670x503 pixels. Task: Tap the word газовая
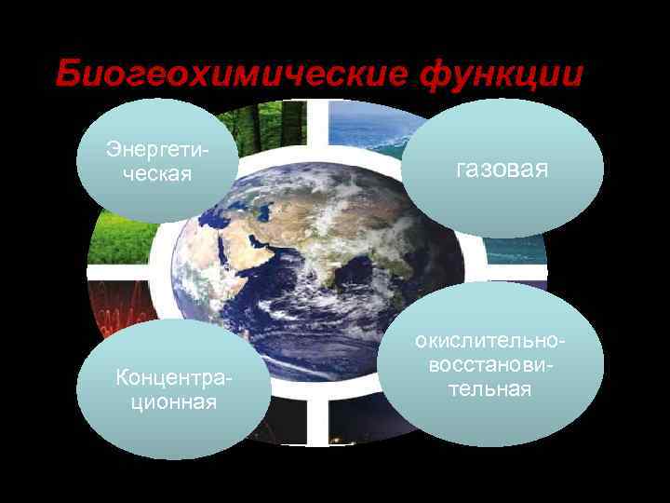coord(502,169)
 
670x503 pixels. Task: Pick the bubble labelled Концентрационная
coord(172,389)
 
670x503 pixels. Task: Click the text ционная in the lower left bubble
coord(171,401)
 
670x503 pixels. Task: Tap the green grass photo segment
coord(121,238)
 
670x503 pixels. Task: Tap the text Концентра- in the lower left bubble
coord(172,378)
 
